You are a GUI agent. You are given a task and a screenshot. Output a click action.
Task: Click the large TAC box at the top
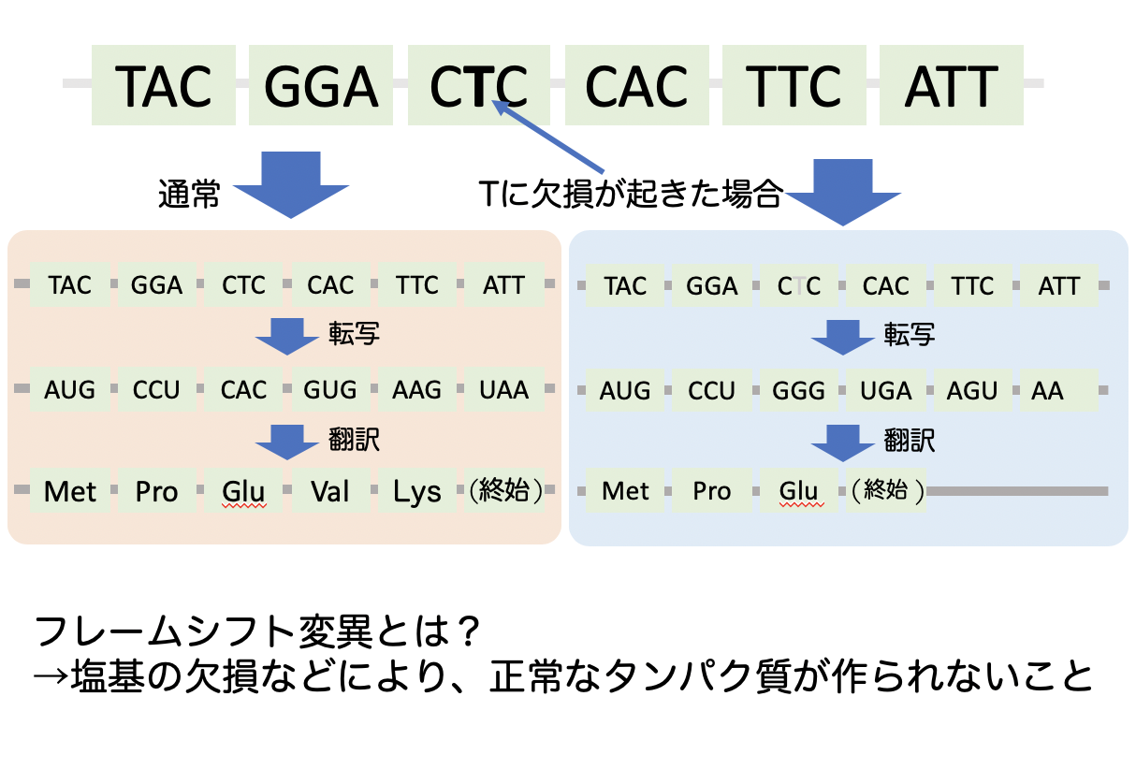pos(163,86)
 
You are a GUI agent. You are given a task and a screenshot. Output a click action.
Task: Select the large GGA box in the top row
pos(320,86)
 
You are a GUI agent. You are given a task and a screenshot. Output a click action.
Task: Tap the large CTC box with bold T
pos(478,86)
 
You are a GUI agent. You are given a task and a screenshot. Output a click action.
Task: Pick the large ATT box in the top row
pos(951,86)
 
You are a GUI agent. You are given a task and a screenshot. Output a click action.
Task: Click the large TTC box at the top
pos(794,86)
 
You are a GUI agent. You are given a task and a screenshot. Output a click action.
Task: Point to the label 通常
pos(188,196)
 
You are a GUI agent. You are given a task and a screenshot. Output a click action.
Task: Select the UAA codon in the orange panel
pos(503,389)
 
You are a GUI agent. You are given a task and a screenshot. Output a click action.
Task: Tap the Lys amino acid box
pos(416,490)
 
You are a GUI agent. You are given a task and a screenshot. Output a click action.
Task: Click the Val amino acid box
pos(329,490)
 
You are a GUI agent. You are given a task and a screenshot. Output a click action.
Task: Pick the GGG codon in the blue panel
pos(798,391)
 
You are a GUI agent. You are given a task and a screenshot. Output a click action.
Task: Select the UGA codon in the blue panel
pos(885,391)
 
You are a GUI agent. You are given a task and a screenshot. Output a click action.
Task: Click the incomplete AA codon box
pos(1057,391)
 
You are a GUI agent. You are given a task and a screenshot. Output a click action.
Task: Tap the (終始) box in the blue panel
pos(885,490)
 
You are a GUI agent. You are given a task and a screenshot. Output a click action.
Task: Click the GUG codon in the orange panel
pos(329,389)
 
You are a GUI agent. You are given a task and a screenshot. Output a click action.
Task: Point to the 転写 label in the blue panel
pos(909,334)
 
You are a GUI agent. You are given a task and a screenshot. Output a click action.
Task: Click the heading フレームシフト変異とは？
pos(258,633)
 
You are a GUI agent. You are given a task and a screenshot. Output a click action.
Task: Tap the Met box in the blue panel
pos(625,490)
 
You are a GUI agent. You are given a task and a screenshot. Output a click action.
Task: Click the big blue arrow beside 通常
pos(290,184)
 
